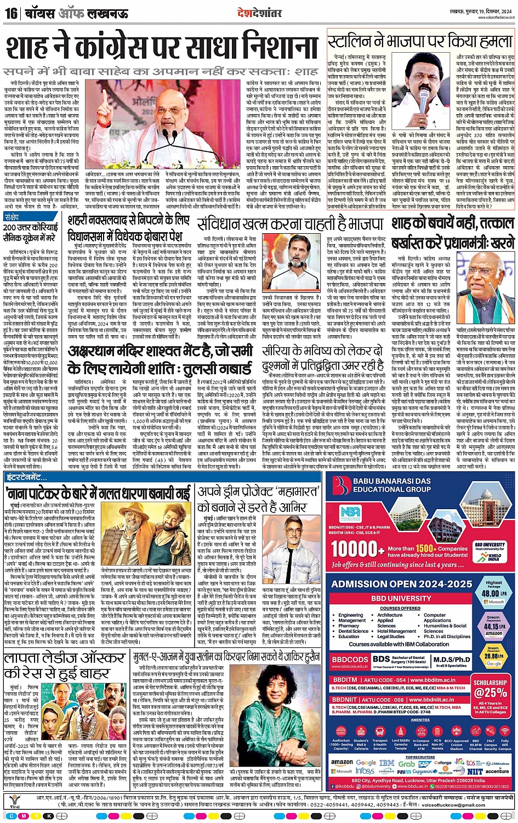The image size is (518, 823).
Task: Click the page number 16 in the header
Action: click(x=10, y=13)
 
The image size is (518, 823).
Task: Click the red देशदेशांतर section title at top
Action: click(x=259, y=12)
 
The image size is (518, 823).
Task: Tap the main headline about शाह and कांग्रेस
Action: click(x=162, y=47)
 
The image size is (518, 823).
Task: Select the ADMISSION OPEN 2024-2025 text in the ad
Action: click(x=401, y=584)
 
